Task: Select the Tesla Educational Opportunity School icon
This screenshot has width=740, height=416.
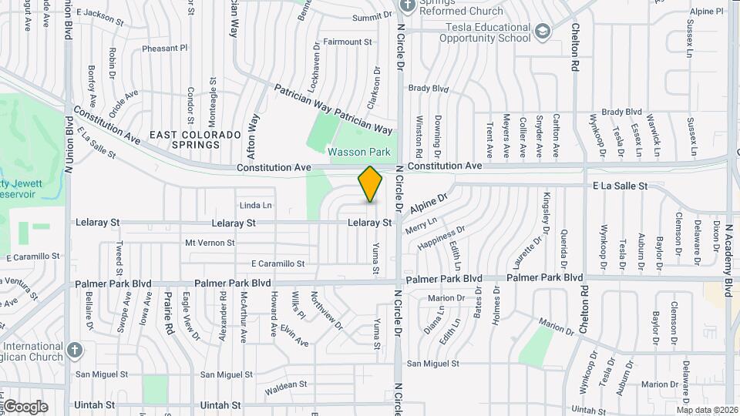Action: click(x=543, y=32)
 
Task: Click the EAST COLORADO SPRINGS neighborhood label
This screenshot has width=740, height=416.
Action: click(x=185, y=139)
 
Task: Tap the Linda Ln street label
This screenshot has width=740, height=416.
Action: click(x=256, y=206)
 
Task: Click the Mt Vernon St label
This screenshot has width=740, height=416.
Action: click(x=210, y=243)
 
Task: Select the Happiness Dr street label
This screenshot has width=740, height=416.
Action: click(x=441, y=239)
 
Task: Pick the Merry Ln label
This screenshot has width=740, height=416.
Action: click(x=421, y=225)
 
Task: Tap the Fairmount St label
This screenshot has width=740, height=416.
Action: click(x=347, y=42)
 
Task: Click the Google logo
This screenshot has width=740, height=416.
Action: click(x=25, y=407)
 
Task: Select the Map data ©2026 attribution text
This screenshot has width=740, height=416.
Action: click(x=707, y=410)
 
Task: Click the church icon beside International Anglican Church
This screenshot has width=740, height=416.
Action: click(x=74, y=351)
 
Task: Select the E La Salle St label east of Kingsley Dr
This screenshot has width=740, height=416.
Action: click(x=620, y=186)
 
